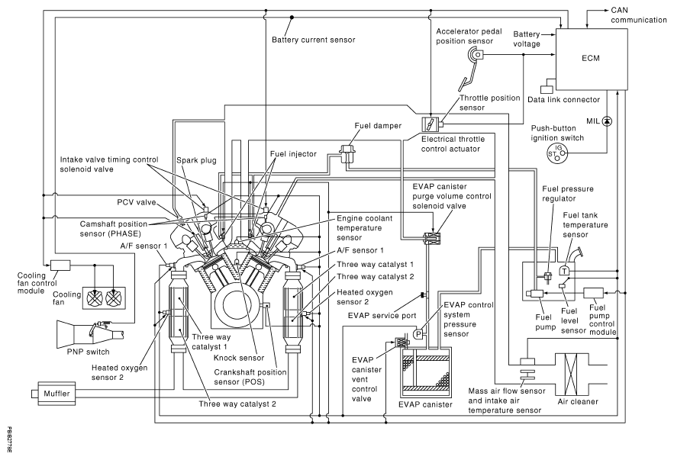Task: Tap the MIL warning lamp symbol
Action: click(x=608, y=121)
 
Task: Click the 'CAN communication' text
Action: click(x=637, y=14)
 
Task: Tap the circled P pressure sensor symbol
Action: click(x=418, y=334)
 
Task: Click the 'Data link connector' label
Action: click(x=569, y=99)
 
